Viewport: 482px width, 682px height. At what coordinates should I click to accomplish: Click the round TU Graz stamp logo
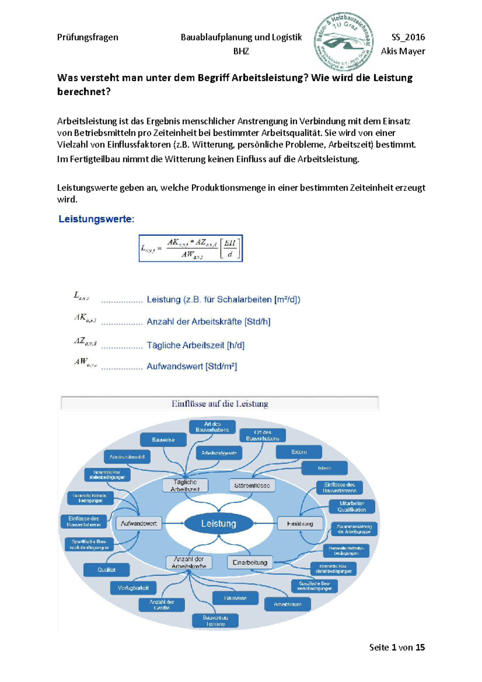point(344,41)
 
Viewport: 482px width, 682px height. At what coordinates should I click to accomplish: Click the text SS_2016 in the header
point(408,37)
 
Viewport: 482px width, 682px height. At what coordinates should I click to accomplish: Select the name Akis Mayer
point(403,51)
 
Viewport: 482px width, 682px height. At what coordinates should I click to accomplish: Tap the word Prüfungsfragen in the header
point(88,37)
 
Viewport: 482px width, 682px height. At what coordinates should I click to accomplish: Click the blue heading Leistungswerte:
point(96,219)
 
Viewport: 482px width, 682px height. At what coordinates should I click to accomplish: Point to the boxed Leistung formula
point(191,248)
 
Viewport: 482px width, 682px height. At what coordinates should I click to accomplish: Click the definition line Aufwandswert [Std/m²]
point(192,366)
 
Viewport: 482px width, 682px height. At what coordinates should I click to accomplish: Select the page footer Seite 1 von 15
point(397,647)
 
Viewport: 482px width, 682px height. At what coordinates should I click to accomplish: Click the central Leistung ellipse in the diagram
point(219,523)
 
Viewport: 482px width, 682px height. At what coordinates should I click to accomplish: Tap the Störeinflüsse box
point(252,485)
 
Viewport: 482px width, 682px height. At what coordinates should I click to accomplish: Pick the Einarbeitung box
point(250,562)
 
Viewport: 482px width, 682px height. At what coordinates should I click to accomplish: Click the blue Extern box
point(299,452)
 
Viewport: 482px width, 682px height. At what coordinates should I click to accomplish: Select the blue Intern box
point(325,468)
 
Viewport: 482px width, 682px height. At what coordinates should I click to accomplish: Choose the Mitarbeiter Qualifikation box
point(352,506)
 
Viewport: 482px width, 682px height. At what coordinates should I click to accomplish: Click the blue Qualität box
point(106,570)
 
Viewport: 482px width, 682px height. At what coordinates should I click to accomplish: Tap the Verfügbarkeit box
point(133,588)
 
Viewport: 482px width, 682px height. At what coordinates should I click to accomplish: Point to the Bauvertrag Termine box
point(215,621)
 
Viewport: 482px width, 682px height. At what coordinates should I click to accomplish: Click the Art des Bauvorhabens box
point(212,427)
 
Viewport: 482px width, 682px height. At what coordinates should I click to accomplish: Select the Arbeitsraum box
point(288,604)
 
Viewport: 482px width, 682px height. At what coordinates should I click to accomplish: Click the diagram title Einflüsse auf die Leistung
point(220,404)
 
